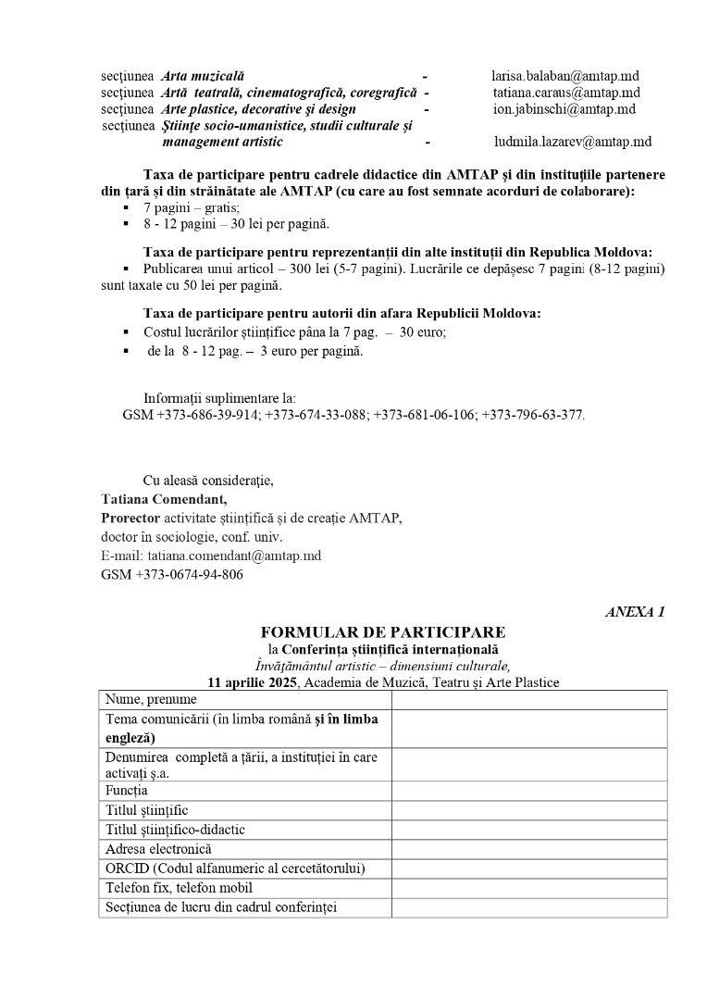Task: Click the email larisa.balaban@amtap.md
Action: [x=564, y=76]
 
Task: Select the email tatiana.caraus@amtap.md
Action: [x=566, y=93]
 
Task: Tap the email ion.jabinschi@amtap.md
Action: [x=564, y=109]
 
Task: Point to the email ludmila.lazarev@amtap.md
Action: [x=573, y=142]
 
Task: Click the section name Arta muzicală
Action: [x=203, y=76]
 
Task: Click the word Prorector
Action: [x=130, y=519]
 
